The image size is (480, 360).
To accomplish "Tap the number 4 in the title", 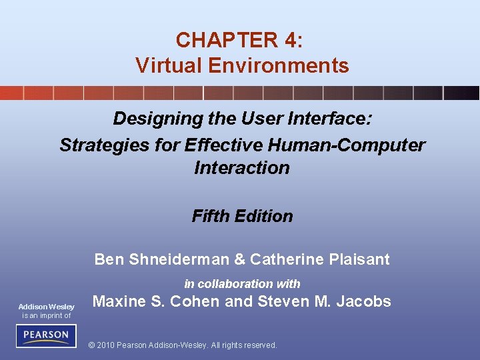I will (291, 40).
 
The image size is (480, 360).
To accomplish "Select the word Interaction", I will (242, 168).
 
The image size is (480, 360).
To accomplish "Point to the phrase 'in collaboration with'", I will (242, 283).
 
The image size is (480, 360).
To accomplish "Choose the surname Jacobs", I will (364, 301).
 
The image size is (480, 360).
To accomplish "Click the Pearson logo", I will (46, 335).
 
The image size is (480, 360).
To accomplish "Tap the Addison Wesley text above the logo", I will (46, 307).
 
